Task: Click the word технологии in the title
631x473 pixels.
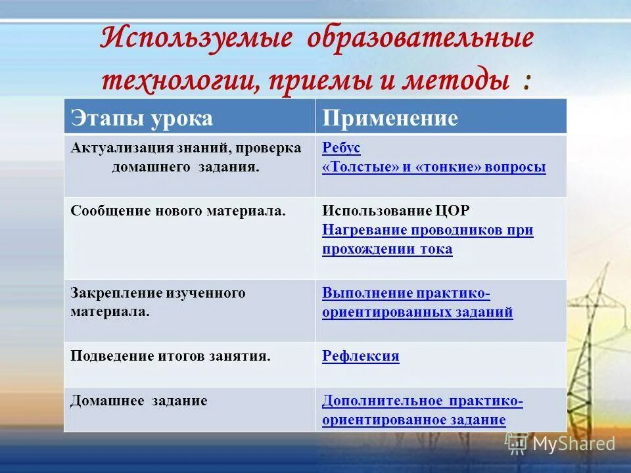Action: tap(173, 81)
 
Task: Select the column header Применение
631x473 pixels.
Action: tap(389, 118)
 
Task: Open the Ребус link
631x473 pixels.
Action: tap(341, 148)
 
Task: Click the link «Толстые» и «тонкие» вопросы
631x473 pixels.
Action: tap(434, 167)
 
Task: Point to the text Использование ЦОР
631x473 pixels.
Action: tap(396, 211)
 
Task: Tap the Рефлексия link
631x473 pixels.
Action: tap(361, 356)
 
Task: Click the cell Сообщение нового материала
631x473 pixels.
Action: tap(178, 211)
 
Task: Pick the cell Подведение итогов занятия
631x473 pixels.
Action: tap(170, 356)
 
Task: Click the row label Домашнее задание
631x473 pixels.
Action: tap(139, 401)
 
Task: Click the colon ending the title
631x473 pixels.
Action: tap(527, 82)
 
